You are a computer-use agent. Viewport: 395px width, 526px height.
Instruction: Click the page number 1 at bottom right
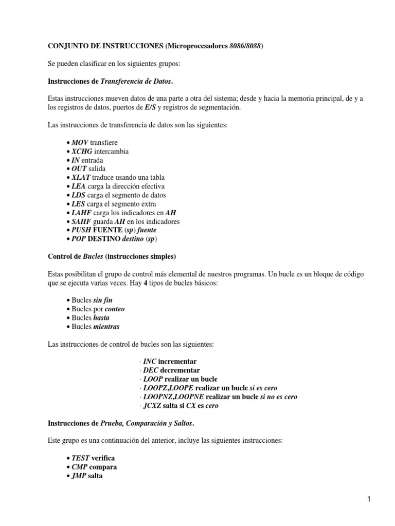[369, 498]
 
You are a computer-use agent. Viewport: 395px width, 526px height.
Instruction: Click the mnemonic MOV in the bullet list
[80, 142]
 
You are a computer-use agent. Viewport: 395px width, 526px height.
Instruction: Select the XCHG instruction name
[83, 152]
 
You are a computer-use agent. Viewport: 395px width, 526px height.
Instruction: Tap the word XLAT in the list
[82, 177]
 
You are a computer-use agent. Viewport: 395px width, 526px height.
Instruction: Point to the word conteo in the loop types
[115, 309]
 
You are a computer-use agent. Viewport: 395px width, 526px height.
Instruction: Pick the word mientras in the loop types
[106, 327]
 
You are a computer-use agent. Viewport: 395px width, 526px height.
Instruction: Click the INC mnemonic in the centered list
[150, 362]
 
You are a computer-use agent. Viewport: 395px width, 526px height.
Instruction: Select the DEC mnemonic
[150, 370]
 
